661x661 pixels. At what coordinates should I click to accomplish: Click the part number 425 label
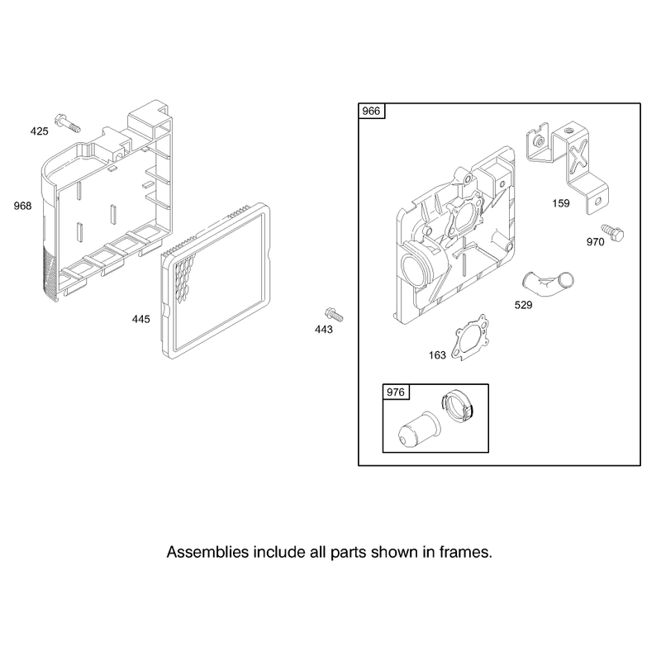[39, 131]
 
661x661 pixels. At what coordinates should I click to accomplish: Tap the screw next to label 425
[68, 122]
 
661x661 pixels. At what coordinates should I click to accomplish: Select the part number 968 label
[23, 206]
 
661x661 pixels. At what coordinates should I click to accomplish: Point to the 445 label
[140, 320]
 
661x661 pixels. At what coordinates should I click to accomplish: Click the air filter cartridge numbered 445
[216, 281]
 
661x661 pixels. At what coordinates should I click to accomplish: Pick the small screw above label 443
[334, 315]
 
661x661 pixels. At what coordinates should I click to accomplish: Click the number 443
[324, 330]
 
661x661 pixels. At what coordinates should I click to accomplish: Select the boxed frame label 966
[371, 111]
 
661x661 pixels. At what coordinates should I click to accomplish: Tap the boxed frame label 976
[396, 392]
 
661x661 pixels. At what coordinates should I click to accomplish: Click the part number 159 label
[561, 203]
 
